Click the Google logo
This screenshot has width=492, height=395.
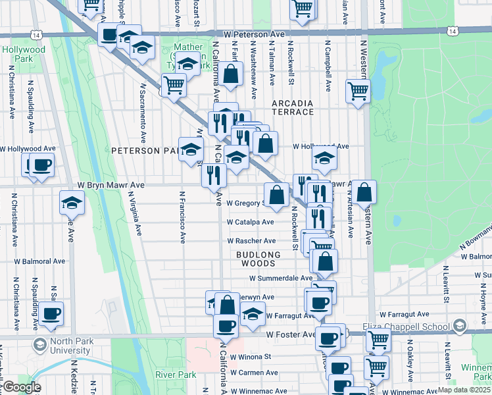coord(22,387)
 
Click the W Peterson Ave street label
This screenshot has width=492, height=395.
coord(253,34)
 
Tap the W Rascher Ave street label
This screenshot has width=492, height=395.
coord(250,241)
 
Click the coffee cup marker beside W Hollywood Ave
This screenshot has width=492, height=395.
coord(42,165)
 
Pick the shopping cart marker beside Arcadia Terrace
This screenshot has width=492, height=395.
coord(358,91)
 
